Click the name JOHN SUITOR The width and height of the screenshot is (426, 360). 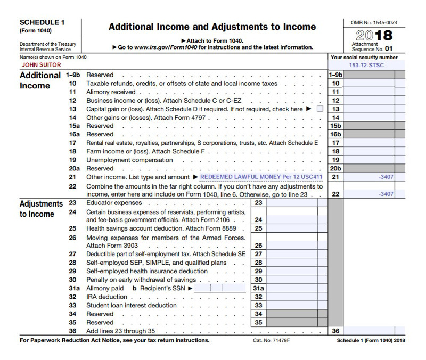click(x=41, y=65)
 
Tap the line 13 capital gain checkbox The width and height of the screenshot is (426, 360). click(x=319, y=109)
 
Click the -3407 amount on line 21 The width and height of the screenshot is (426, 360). click(x=386, y=177)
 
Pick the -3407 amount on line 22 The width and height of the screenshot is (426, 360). click(x=386, y=194)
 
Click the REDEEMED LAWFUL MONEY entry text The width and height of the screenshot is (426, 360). click(x=261, y=177)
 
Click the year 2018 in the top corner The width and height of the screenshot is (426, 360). click(x=374, y=36)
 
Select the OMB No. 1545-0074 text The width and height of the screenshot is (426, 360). click(x=374, y=23)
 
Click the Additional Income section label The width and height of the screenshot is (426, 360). click(x=40, y=80)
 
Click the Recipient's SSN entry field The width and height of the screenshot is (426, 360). click(x=218, y=288)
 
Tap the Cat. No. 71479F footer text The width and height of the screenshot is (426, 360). click(x=271, y=340)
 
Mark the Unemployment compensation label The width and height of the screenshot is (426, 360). click(x=129, y=160)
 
